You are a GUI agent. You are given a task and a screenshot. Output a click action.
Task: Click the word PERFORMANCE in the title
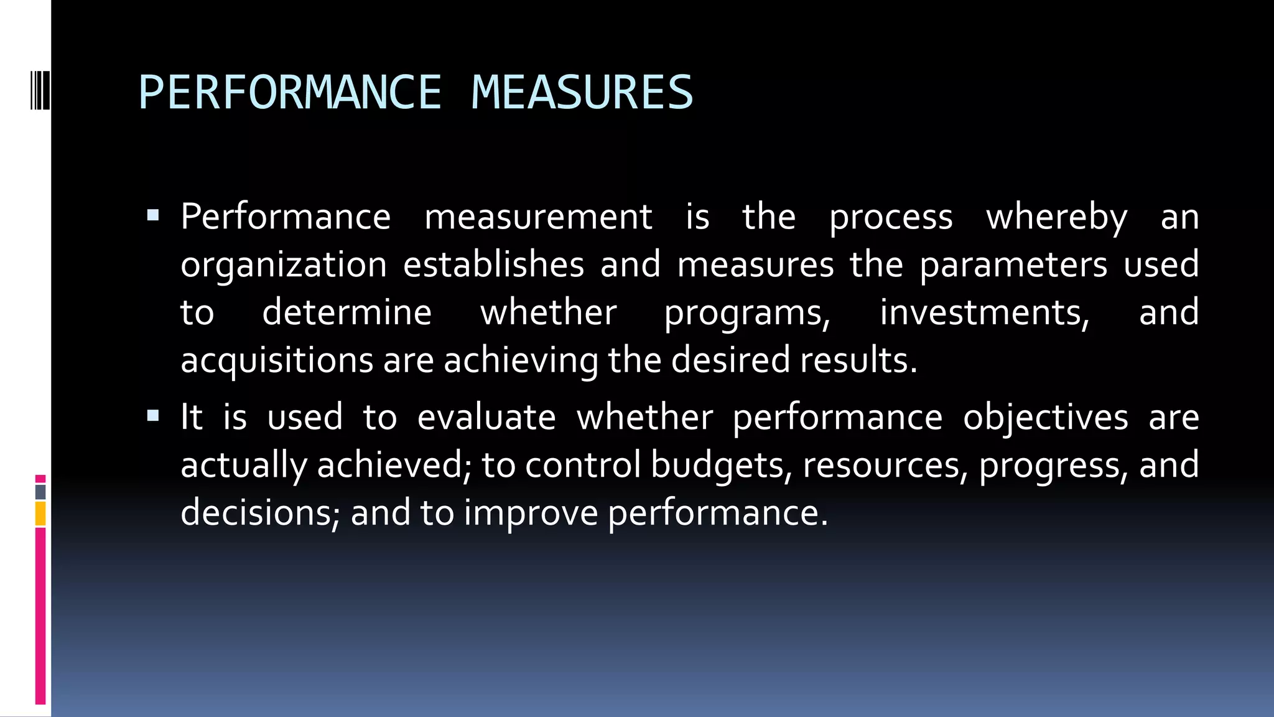290,93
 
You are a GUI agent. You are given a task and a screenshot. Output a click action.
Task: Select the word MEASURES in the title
582,93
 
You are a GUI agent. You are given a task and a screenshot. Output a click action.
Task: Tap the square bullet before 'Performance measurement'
153,216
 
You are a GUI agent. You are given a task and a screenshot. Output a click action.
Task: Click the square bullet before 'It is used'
153,416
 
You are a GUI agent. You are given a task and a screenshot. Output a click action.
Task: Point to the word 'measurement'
538,217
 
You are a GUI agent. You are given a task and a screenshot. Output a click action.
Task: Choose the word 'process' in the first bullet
891,218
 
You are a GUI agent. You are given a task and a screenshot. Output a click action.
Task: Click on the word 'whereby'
1056,218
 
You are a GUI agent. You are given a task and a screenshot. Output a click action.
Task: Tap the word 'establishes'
493,265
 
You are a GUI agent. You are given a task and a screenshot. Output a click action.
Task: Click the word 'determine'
346,312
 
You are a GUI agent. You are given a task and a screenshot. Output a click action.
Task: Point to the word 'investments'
983,312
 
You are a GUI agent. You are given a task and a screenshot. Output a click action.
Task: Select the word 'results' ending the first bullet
857,360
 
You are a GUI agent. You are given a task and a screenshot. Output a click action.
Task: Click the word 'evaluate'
486,418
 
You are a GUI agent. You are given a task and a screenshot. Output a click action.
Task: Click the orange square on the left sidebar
40,514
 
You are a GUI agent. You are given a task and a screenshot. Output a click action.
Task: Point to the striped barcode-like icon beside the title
40,91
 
